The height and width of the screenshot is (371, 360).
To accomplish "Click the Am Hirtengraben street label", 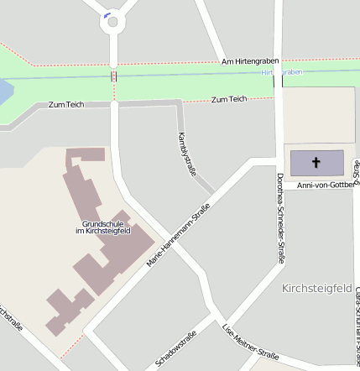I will coord(250,62).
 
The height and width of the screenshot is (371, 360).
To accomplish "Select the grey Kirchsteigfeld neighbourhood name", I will coord(316,288).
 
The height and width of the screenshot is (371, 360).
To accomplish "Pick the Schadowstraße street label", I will coord(176,349).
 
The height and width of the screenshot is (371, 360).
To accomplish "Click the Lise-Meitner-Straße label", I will coord(250,342).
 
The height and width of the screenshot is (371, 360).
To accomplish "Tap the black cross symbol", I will coord(316,162).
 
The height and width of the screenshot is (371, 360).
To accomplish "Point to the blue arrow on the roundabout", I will coord(107,14).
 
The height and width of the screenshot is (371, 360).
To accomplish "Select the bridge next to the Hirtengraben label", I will coord(279,76).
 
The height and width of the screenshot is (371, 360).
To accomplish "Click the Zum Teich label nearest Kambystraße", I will coord(229,100).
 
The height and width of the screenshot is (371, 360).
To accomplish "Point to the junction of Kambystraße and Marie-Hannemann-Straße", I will coord(215,193).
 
